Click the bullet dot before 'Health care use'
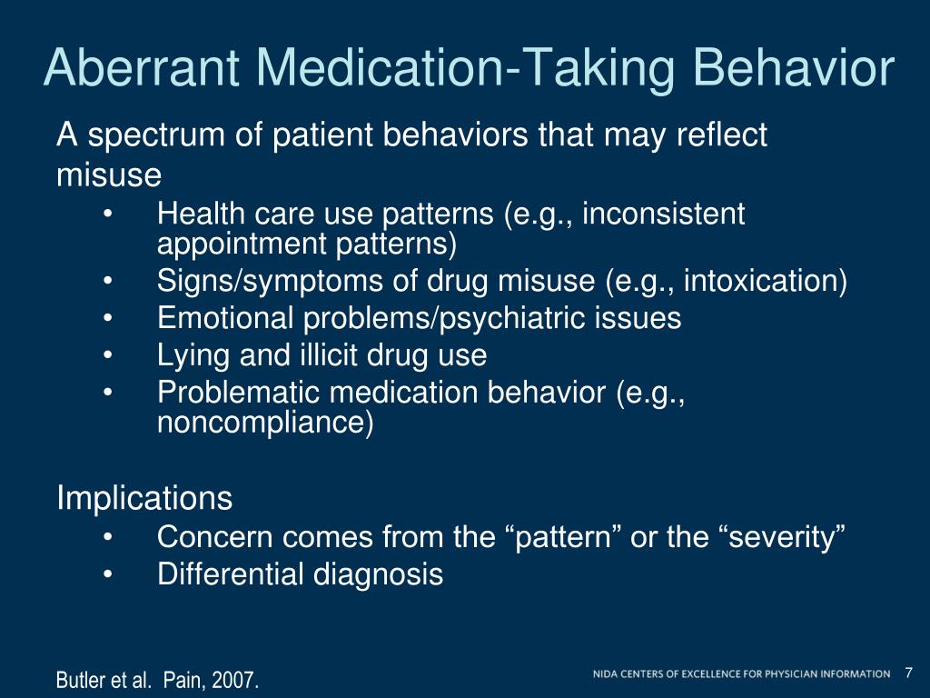point(109,215)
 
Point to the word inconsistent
point(663,214)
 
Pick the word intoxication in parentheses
point(763,282)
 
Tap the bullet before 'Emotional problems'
point(109,319)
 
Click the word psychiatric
point(516,318)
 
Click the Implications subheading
point(145,498)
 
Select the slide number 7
point(908,673)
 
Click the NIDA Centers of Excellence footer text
point(741,673)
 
